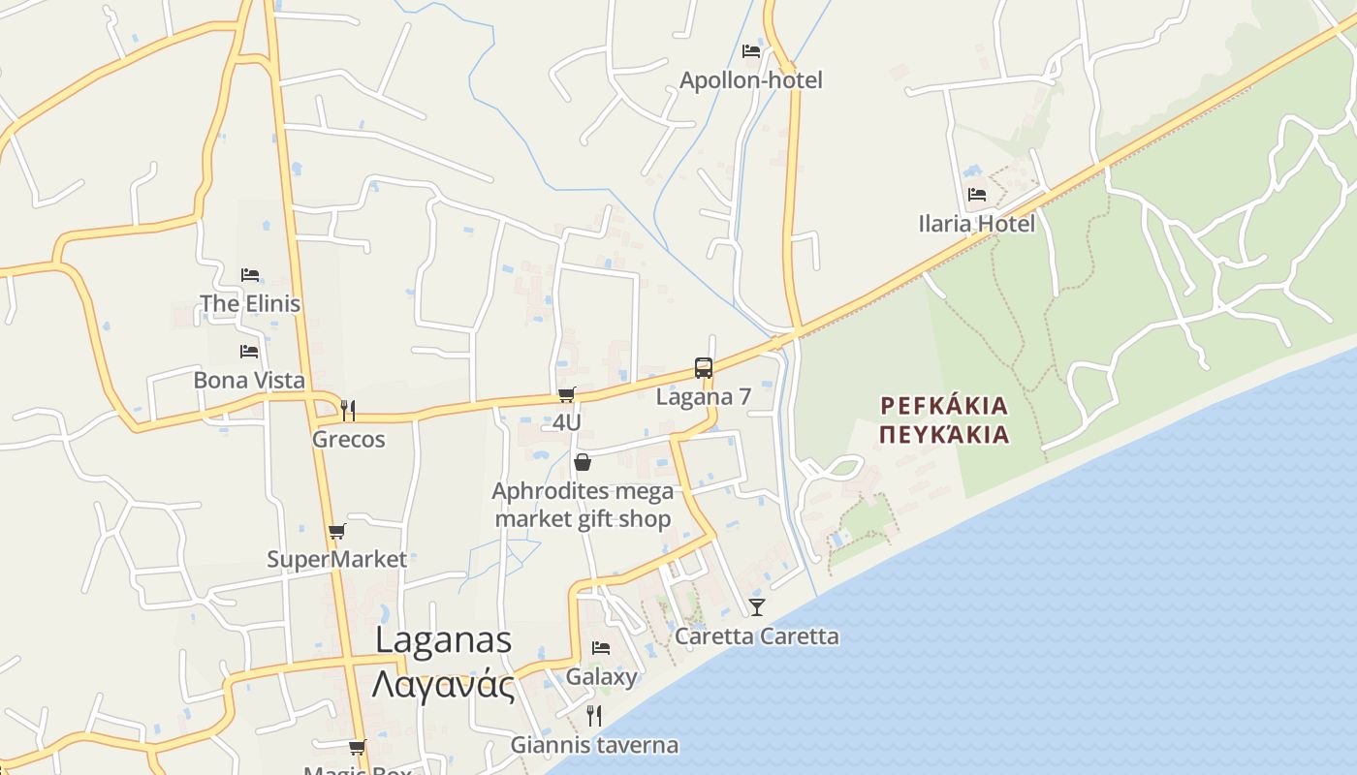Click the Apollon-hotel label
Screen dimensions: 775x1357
pos(750,79)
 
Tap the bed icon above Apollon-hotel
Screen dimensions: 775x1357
pos(750,50)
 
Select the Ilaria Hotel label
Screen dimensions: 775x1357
pos(976,224)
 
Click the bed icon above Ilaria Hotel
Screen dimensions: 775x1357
pos(976,195)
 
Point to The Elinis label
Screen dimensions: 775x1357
pos(250,303)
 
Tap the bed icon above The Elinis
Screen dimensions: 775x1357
pos(250,275)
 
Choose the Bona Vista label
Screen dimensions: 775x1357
pos(249,380)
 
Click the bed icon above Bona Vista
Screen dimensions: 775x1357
pos(249,351)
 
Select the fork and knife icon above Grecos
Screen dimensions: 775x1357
pos(349,410)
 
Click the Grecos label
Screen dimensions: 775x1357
pos(349,439)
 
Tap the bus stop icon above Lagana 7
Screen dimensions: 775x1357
pos(704,368)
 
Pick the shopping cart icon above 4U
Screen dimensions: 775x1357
pos(567,394)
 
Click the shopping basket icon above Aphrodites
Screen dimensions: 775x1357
pos(583,462)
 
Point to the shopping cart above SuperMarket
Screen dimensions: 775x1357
pos(336,531)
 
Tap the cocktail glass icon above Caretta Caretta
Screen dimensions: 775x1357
pos(757,607)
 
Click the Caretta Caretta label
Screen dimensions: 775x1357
pos(757,636)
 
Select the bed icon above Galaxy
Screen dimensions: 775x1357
pos(601,647)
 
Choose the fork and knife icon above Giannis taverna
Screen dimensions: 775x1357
pos(594,716)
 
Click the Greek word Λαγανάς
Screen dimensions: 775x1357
pos(443,684)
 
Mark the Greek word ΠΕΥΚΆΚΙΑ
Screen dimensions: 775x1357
pos(944,434)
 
